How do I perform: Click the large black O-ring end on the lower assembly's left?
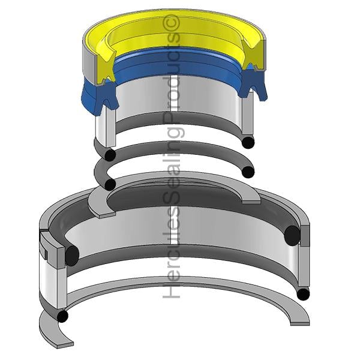click(x=72, y=256)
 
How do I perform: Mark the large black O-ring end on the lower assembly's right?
click(x=292, y=236)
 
